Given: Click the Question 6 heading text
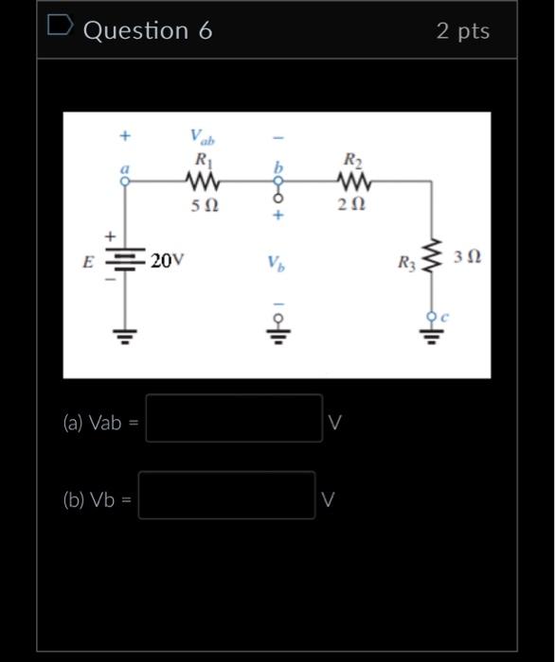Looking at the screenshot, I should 148,31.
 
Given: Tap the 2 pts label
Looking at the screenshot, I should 463,31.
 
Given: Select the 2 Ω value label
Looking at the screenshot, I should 352,204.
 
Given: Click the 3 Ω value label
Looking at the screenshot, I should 467,256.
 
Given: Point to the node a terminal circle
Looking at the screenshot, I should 124,182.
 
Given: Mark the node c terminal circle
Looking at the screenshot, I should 432,315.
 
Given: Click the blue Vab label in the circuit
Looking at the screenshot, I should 203,137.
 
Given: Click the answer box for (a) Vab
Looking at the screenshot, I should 233,419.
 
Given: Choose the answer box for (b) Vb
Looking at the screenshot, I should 226,496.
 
